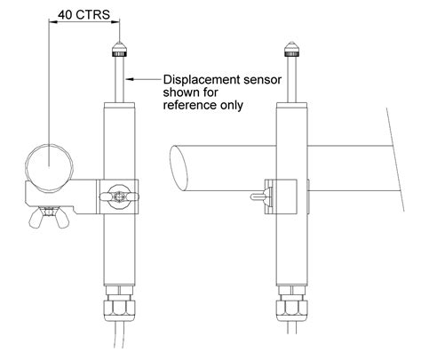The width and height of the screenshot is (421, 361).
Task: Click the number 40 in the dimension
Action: point(64,15)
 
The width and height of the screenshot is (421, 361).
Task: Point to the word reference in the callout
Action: point(188,104)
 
